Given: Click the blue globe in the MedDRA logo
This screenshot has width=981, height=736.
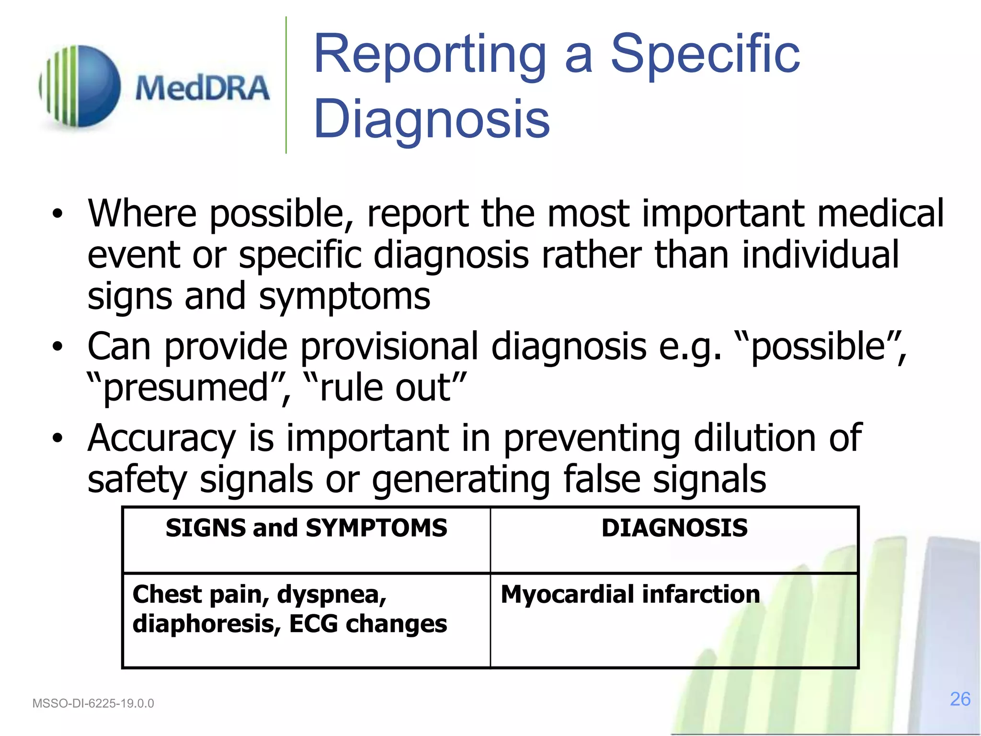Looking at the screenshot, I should point(93,86).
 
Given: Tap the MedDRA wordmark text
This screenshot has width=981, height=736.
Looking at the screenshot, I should point(202,89).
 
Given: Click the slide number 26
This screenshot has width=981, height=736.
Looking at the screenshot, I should point(960,699).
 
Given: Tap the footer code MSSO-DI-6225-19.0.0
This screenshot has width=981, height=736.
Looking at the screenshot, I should point(93,703).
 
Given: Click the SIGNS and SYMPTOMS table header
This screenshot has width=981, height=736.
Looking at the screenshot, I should point(307,528).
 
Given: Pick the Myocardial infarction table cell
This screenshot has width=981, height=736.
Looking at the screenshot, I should point(630,594).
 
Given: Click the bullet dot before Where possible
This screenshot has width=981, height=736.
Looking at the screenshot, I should point(57,214).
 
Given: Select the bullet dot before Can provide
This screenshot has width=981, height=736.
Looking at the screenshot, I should point(57,347).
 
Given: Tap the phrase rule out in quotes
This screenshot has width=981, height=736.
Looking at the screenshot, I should point(385,388).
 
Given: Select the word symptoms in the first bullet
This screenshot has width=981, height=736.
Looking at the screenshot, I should point(344,297).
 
